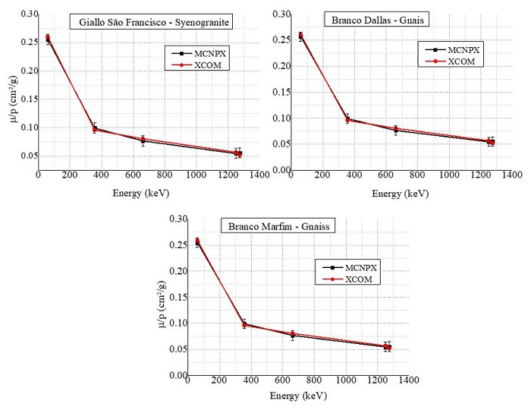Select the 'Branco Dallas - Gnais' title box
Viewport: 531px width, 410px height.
[370, 20]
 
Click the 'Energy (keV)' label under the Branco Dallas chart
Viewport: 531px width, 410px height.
[401, 194]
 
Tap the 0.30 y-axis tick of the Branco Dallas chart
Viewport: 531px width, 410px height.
[281, 14]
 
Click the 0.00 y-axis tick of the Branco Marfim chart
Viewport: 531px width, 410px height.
[177, 375]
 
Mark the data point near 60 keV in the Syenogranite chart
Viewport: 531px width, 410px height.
[48, 38]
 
